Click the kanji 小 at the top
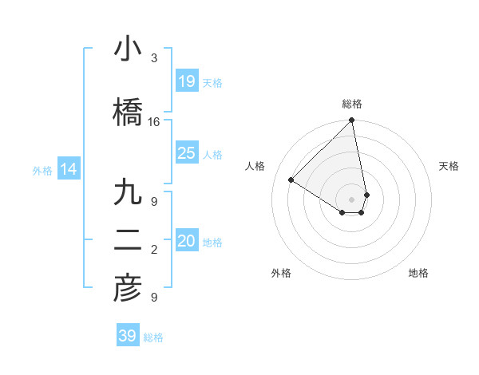point(128,49)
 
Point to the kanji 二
point(128,241)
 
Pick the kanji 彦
point(128,289)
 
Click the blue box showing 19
point(187,81)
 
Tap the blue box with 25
point(187,153)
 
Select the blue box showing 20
point(187,241)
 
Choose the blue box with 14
point(68,169)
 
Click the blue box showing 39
point(128,336)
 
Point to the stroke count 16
point(154,122)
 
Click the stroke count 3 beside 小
point(154,58)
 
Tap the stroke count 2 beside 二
point(154,250)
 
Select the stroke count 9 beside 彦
point(154,298)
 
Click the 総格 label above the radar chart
point(352,104)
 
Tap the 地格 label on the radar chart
point(418,273)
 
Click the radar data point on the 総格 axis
point(352,120)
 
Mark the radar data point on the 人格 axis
point(291,180)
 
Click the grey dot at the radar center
point(352,199)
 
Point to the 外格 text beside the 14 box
point(42,170)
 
